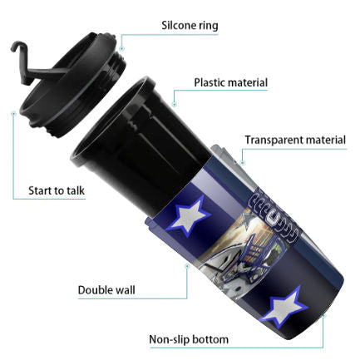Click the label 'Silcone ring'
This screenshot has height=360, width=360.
tap(190, 26)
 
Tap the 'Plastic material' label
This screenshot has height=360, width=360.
tap(230, 82)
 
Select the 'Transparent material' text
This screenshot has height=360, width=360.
tap(295, 140)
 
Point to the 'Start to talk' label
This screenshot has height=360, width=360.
tap(57, 190)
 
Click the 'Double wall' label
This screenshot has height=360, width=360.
tap(106, 290)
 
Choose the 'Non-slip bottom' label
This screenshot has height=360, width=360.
tap(189, 339)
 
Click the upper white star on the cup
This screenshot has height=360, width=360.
tap(189, 216)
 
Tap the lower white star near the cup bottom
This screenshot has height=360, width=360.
tap(284, 307)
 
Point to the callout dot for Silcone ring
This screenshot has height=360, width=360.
tap(122, 49)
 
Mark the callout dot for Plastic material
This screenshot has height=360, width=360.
tap(174, 105)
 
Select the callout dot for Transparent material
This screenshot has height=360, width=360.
tap(243, 163)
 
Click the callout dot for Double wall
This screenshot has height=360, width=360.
tap(187, 266)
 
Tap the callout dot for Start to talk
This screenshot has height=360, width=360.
tap(13, 114)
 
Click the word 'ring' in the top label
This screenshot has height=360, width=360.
tap(209, 26)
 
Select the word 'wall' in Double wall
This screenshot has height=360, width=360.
tap(124, 290)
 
